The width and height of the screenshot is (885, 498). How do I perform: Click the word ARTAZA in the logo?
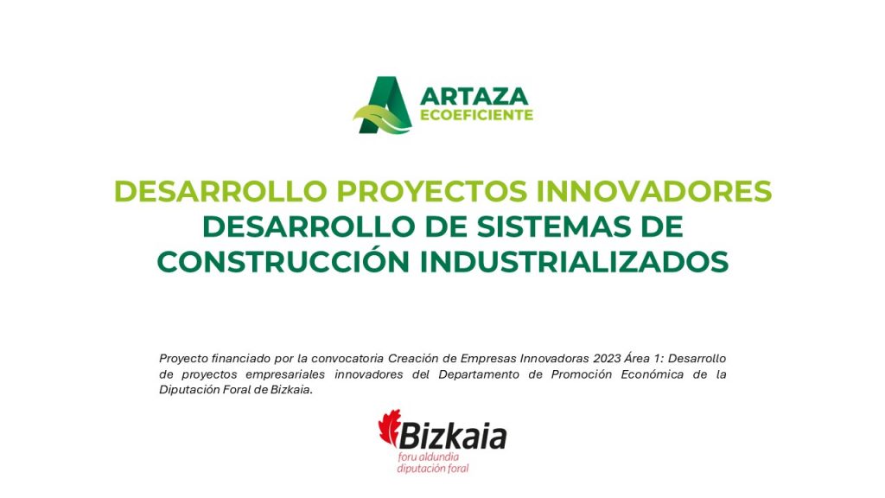(x=474, y=96)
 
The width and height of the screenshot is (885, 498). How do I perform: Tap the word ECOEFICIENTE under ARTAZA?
(x=476, y=115)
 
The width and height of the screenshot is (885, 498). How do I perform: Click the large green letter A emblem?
(x=385, y=105)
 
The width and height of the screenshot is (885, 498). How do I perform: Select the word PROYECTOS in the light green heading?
(x=432, y=191)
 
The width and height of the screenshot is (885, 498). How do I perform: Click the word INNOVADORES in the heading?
(x=653, y=191)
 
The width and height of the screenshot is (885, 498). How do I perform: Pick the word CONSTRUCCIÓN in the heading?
(x=283, y=261)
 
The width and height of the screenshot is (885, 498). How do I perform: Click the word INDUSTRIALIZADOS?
(x=574, y=262)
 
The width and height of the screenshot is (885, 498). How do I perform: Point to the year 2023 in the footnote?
(x=606, y=359)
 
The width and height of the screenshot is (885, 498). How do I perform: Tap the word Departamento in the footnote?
(x=479, y=374)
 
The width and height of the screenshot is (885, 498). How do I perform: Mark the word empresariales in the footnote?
(x=285, y=374)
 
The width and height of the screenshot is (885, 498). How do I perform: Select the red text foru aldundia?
(x=429, y=456)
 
